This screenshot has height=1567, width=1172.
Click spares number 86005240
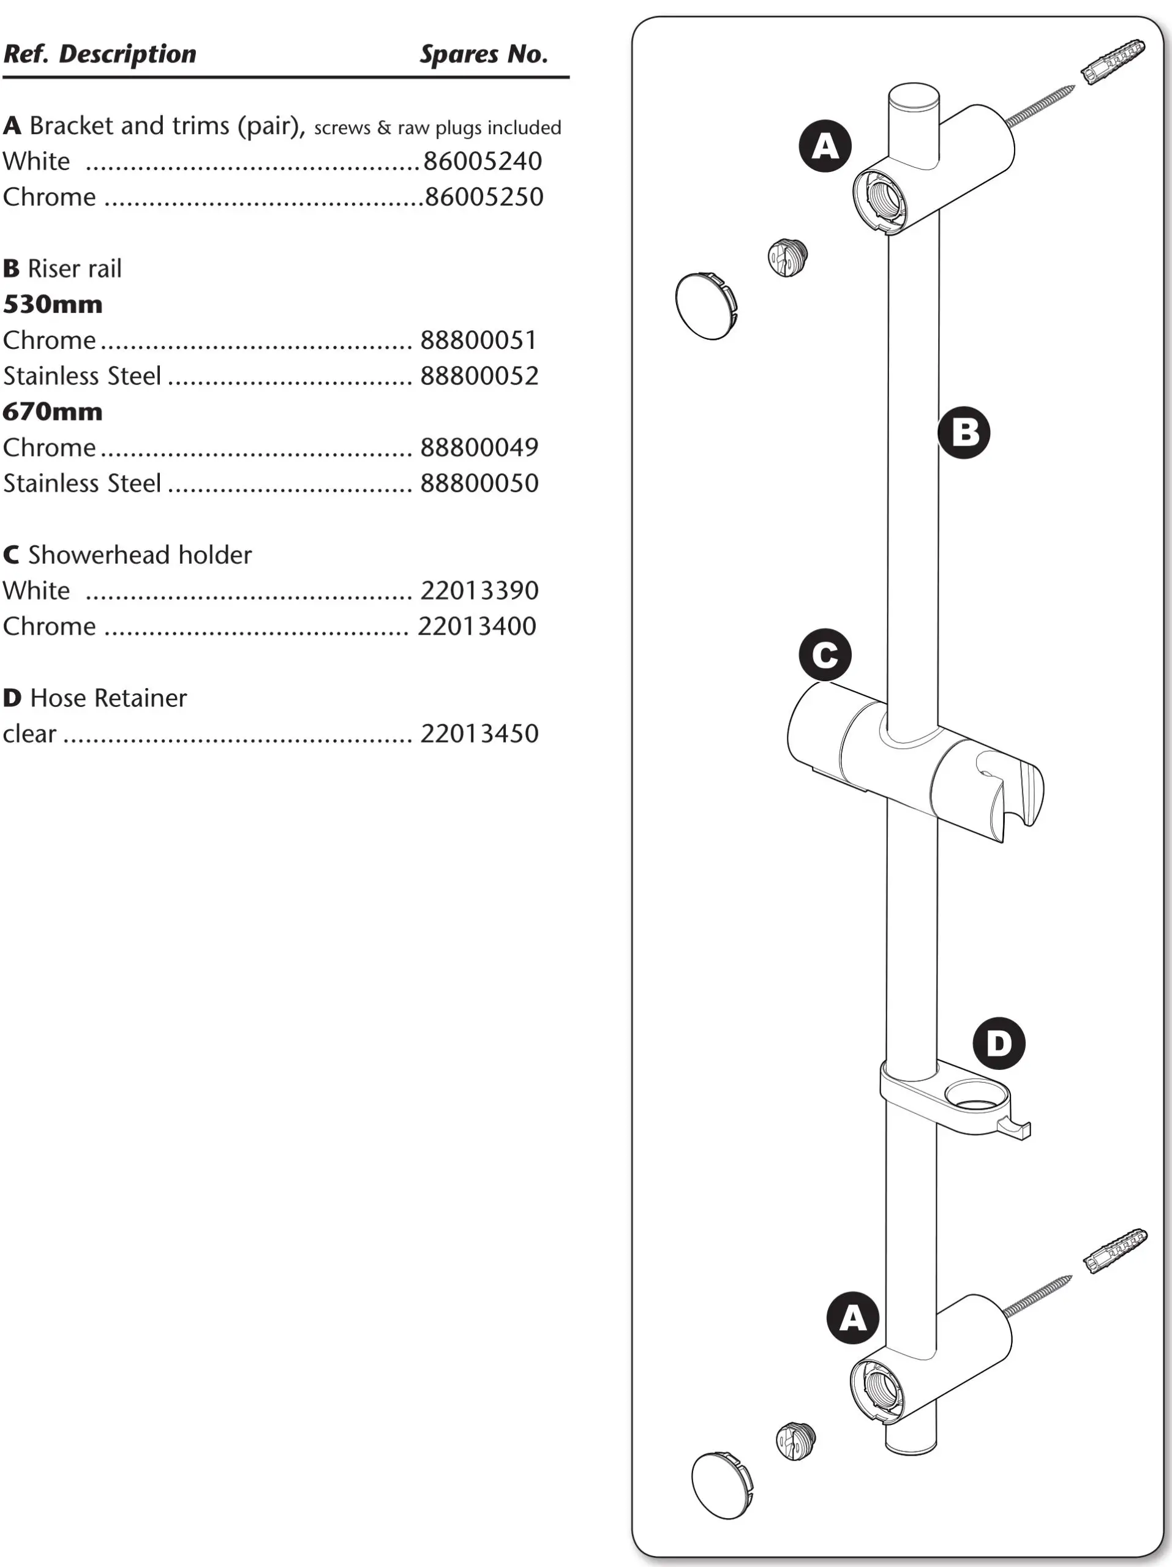pos(482,162)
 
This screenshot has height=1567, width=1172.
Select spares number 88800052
pos(479,376)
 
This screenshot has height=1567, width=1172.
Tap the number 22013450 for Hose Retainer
pos(479,734)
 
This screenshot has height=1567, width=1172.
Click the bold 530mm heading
pos(53,305)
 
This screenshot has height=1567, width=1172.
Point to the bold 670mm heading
pos(53,411)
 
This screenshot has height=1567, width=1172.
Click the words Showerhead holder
pos(140,555)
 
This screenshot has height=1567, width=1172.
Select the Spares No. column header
pos(483,54)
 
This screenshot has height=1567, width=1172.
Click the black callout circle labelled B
pos(964,432)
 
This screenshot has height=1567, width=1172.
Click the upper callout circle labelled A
pos(825,146)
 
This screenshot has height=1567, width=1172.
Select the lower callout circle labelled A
pos(852,1318)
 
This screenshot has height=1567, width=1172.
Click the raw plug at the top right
pos(1113,62)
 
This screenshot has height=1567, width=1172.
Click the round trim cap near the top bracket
pos(706,305)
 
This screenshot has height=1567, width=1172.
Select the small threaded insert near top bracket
pos(787,258)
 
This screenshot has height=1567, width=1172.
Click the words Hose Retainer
pos(108,698)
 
